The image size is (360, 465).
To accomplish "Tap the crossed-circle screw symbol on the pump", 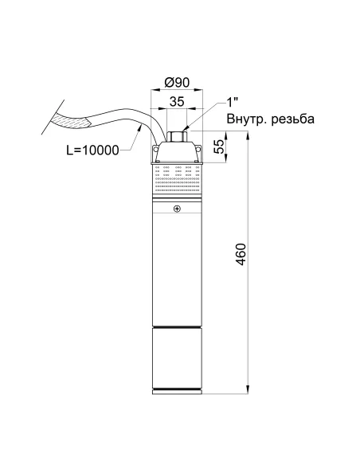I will coord(176,209).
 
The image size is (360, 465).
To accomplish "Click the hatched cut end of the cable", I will coord(74,120).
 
